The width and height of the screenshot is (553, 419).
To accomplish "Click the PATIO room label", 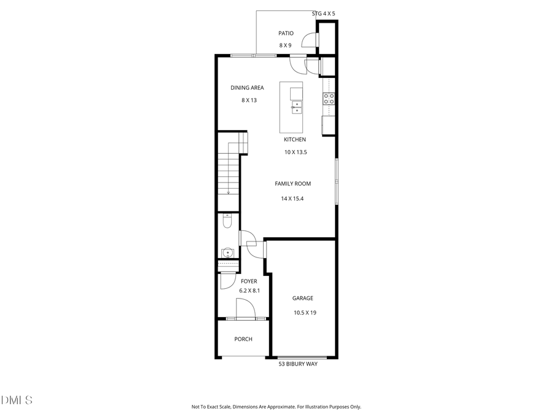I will [286, 34].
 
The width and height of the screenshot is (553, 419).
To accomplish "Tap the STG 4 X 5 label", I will [324, 13].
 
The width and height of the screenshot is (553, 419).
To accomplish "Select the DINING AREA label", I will [247, 88].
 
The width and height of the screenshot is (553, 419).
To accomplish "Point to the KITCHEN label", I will [294, 139].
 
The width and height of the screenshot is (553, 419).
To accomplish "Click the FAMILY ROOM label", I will [292, 184].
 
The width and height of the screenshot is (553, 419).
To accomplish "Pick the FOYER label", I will [249, 281].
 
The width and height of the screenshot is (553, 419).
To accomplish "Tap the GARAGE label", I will [302, 298].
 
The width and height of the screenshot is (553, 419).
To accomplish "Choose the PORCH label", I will [243, 339].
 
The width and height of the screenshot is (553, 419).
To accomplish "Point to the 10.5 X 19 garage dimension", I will [305, 313].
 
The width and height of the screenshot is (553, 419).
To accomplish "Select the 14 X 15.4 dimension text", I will [292, 198].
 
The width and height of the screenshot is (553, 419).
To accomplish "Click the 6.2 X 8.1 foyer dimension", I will [249, 291].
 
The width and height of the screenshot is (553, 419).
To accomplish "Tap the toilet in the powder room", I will [227, 222].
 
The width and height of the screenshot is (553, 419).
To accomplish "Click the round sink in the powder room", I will [227, 252].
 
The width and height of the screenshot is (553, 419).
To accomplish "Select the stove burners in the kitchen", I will [329, 99].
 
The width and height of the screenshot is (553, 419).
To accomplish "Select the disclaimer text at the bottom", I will [276, 407].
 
